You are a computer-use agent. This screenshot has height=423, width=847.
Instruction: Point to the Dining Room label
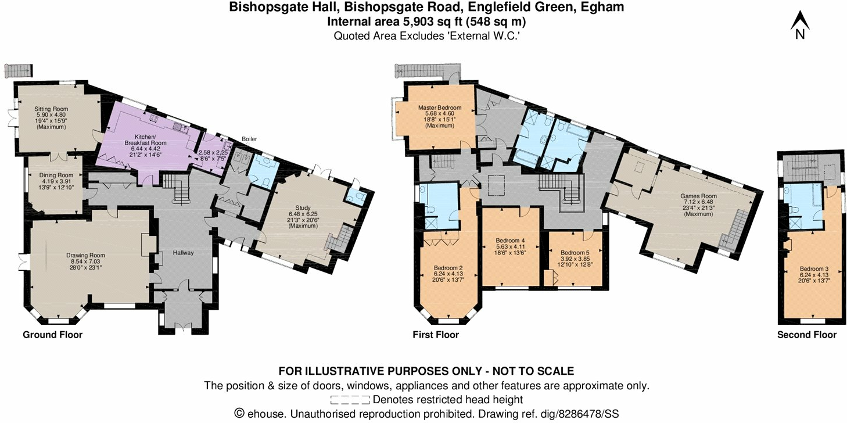(56, 175)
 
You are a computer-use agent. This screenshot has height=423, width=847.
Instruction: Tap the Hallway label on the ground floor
(183, 253)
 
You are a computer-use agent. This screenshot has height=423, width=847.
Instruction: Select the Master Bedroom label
(439, 107)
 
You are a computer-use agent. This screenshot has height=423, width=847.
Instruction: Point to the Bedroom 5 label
(575, 253)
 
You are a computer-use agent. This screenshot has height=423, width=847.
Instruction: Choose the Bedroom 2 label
(448, 268)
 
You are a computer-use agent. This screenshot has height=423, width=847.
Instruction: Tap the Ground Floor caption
(52, 335)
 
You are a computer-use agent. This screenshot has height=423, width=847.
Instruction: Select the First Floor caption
(435, 335)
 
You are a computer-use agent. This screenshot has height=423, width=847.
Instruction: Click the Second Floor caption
(807, 335)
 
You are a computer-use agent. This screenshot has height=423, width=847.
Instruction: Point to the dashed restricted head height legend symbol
(349, 400)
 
